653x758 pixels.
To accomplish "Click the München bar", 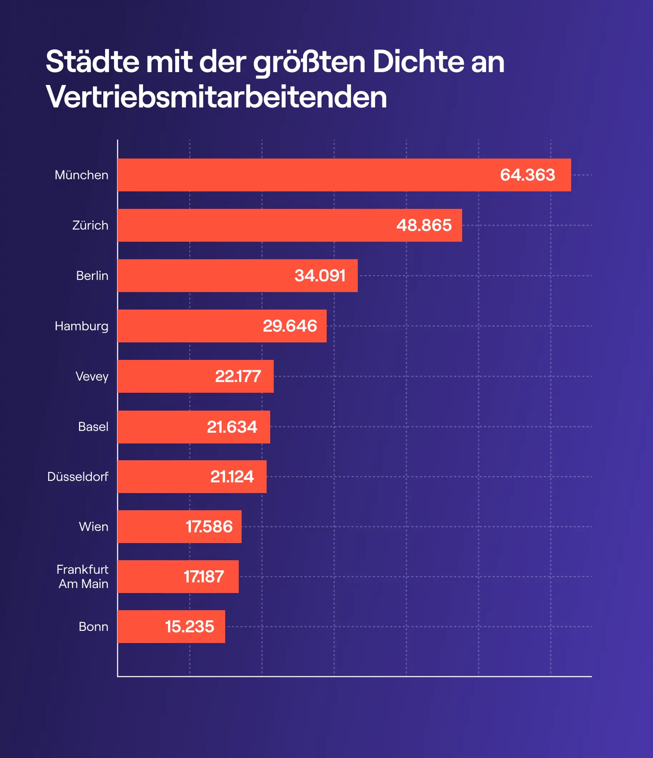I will pos(304,175).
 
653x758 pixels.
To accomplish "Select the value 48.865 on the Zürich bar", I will pos(424,225).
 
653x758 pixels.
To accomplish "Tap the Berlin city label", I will pos(92,276).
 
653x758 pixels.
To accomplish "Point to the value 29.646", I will pos(290,326).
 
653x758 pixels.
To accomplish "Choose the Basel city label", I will pos(93,427).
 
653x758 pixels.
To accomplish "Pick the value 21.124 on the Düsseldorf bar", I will pos(232,477).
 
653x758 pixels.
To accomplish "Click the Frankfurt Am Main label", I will pos(83,576).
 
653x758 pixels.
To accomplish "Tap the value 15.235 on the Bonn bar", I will pos(189,626).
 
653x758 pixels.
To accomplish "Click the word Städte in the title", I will pos(93,62).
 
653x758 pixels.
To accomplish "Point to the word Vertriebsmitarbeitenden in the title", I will pos(216,97).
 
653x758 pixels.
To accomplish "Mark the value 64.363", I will pos(527,175).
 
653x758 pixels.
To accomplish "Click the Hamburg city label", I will pos(82,326).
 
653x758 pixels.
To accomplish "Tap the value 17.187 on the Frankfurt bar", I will pos(204,576).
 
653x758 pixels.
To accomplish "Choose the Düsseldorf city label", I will pos(78,477).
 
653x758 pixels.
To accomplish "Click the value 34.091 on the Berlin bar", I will pos(320,276).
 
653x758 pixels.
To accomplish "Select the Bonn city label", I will pos(93,626).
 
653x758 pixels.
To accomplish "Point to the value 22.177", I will pos(238,376).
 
